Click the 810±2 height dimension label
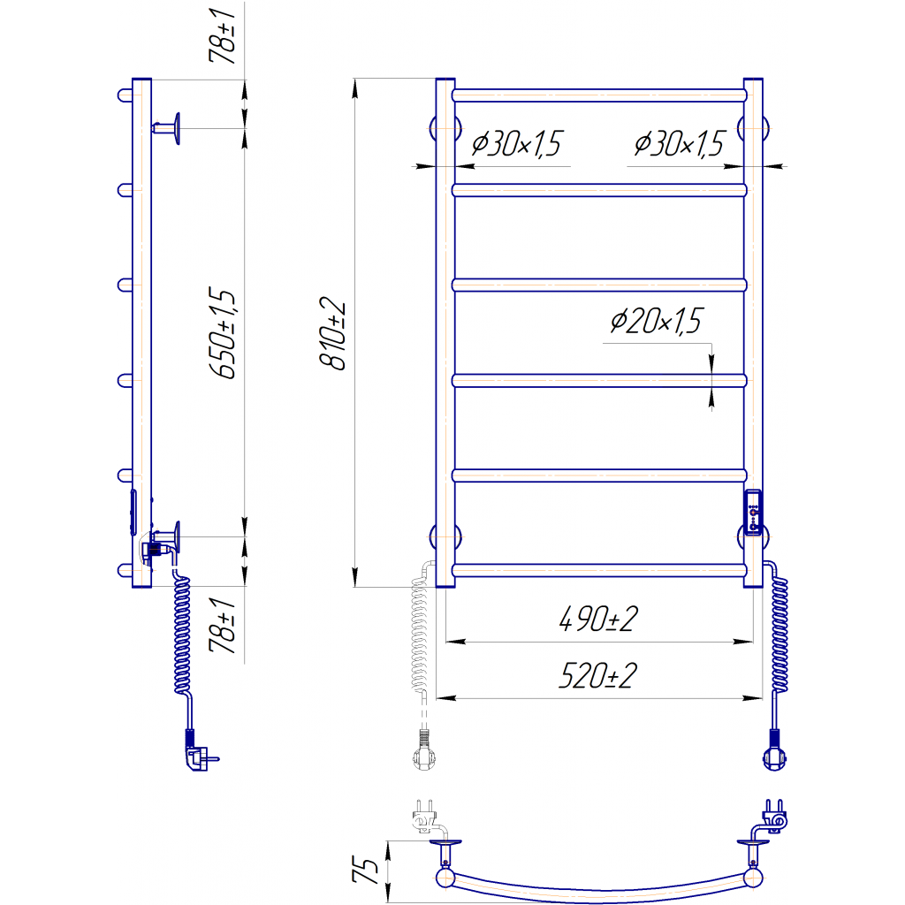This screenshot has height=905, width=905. coord(333,333)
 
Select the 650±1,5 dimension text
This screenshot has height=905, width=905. coord(223,333)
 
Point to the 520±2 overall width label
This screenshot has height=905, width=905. coord(598,675)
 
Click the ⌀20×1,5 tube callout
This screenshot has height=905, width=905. coord(656,321)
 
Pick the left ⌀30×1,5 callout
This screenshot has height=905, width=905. coord(516,144)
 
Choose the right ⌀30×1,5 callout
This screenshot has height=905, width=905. coord(679,144)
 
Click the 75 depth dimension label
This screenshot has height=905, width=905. coord(365,871)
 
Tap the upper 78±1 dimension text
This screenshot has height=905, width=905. coord(223,35)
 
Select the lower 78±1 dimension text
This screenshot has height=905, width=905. coord(223,626)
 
